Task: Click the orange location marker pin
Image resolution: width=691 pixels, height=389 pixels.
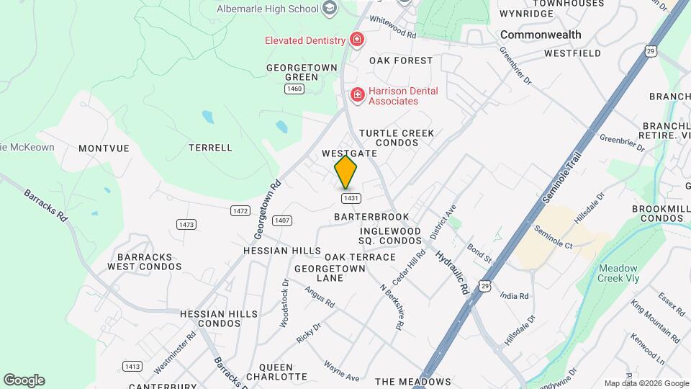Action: point(346,172)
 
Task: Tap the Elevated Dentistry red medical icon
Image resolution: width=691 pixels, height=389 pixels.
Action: point(356,39)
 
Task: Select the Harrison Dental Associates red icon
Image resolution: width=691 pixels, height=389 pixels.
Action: point(356,94)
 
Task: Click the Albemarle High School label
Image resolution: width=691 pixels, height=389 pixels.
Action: point(268,9)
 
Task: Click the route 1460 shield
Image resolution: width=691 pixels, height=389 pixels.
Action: point(294,89)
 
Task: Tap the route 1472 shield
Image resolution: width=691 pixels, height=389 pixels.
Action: point(240,210)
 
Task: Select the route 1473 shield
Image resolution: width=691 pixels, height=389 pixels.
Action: point(186,225)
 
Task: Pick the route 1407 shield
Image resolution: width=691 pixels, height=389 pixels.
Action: point(282,220)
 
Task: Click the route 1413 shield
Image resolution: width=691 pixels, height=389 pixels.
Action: point(132,366)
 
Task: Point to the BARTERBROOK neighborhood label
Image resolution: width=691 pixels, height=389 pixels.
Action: point(371,217)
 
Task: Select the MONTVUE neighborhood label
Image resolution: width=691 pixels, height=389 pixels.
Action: point(104,148)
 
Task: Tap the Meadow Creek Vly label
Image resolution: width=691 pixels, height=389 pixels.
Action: point(618,274)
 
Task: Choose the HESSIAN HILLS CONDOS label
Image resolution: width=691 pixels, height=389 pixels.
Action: point(219,319)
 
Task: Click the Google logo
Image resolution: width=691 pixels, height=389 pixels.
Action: point(24,380)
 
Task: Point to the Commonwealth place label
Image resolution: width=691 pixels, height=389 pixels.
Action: point(540,35)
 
